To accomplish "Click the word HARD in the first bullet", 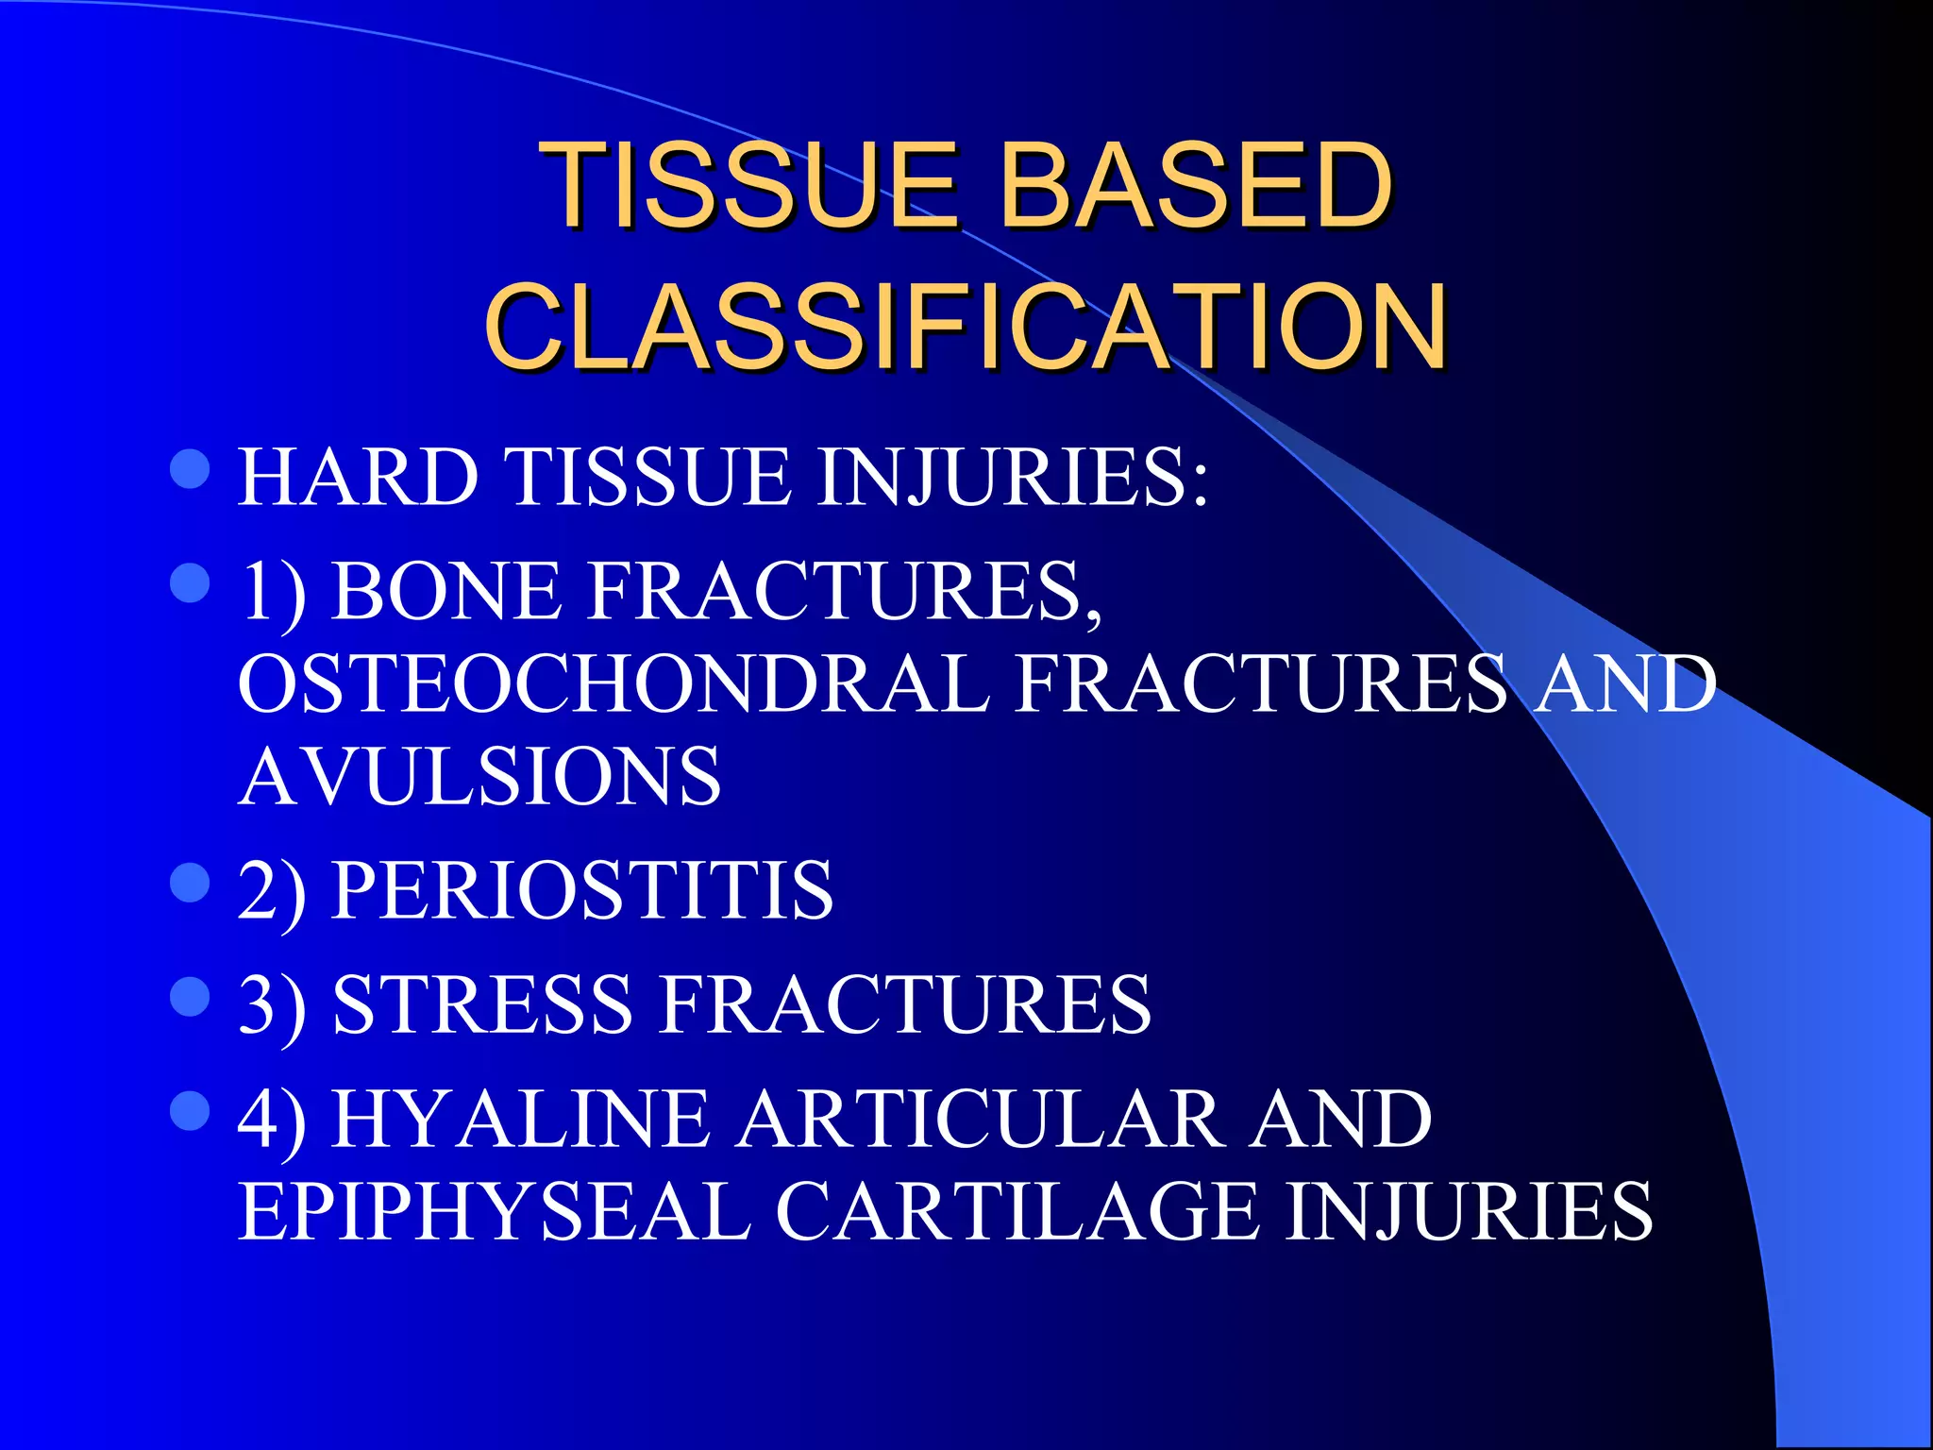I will [x=359, y=478].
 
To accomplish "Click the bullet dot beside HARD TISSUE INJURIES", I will [x=191, y=469].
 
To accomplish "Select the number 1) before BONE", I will [x=272, y=592].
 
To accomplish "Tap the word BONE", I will [x=446, y=592].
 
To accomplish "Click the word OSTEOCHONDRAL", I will [x=614, y=684].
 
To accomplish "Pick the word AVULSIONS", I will [x=479, y=777].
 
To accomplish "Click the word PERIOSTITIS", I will [x=582, y=890].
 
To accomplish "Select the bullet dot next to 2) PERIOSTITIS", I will [x=191, y=884].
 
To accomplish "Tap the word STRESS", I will [x=482, y=1004].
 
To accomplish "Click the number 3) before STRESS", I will [x=272, y=1004].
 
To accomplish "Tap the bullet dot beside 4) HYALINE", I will [x=191, y=1111].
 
